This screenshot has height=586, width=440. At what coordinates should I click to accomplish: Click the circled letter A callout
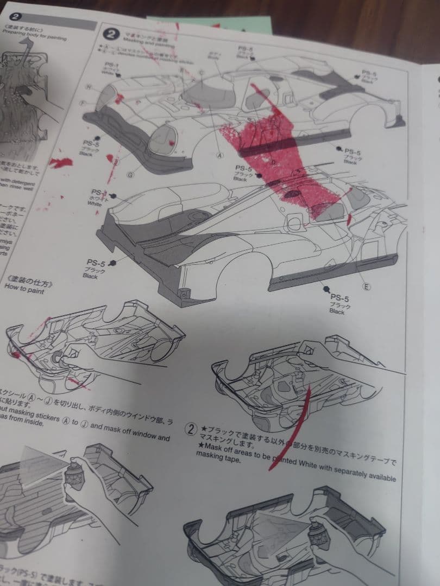tap(221, 154)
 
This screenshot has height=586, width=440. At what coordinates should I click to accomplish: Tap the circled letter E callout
tap(366, 286)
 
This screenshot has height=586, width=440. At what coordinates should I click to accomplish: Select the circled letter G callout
tap(130, 174)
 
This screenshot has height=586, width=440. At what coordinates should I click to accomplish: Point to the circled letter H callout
tap(88, 87)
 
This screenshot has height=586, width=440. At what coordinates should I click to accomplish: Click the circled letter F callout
tap(83, 102)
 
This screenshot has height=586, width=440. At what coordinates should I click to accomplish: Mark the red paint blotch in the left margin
tap(61, 162)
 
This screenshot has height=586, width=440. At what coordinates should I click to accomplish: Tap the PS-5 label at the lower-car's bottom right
tap(341, 298)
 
